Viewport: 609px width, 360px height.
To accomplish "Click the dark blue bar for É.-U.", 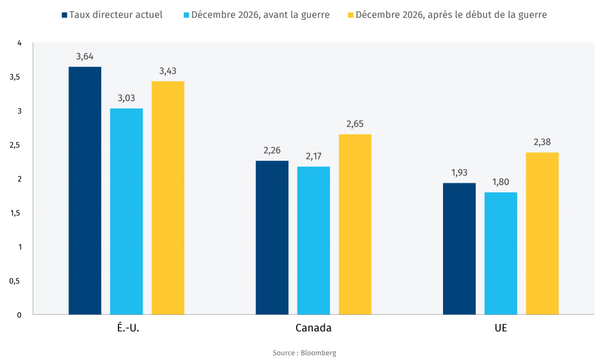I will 84,190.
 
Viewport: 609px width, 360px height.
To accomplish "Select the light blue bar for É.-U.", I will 126,211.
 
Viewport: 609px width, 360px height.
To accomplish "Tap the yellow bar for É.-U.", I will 168,198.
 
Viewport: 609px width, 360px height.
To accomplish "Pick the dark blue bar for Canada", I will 272,237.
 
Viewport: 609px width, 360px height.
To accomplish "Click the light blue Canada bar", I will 313,240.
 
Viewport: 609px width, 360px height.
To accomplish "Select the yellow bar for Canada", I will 355,224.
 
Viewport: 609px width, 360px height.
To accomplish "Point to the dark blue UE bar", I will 459,249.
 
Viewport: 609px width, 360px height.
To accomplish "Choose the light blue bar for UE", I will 501,253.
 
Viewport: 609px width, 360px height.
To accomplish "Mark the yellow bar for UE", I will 542,233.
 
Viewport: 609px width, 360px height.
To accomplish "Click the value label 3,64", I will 84,57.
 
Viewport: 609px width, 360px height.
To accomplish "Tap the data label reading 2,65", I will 355,124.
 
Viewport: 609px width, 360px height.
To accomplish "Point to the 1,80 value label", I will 501,183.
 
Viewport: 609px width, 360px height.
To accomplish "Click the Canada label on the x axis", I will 313,328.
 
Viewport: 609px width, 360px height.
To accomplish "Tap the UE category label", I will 501,328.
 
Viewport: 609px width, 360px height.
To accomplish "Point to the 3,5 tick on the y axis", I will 15,77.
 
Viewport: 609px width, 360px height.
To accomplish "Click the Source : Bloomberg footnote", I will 304,353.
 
